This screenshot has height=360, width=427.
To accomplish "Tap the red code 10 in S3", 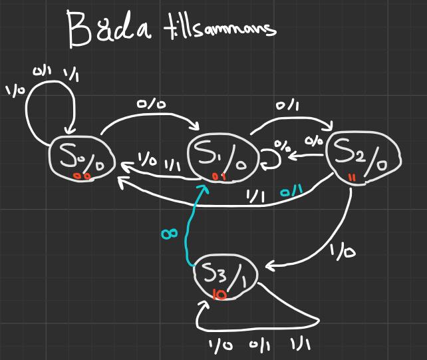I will pos(219,294).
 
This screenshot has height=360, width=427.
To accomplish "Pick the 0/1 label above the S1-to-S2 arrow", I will pos(287,105).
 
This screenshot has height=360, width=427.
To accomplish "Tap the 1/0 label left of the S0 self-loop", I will pos(14,90).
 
